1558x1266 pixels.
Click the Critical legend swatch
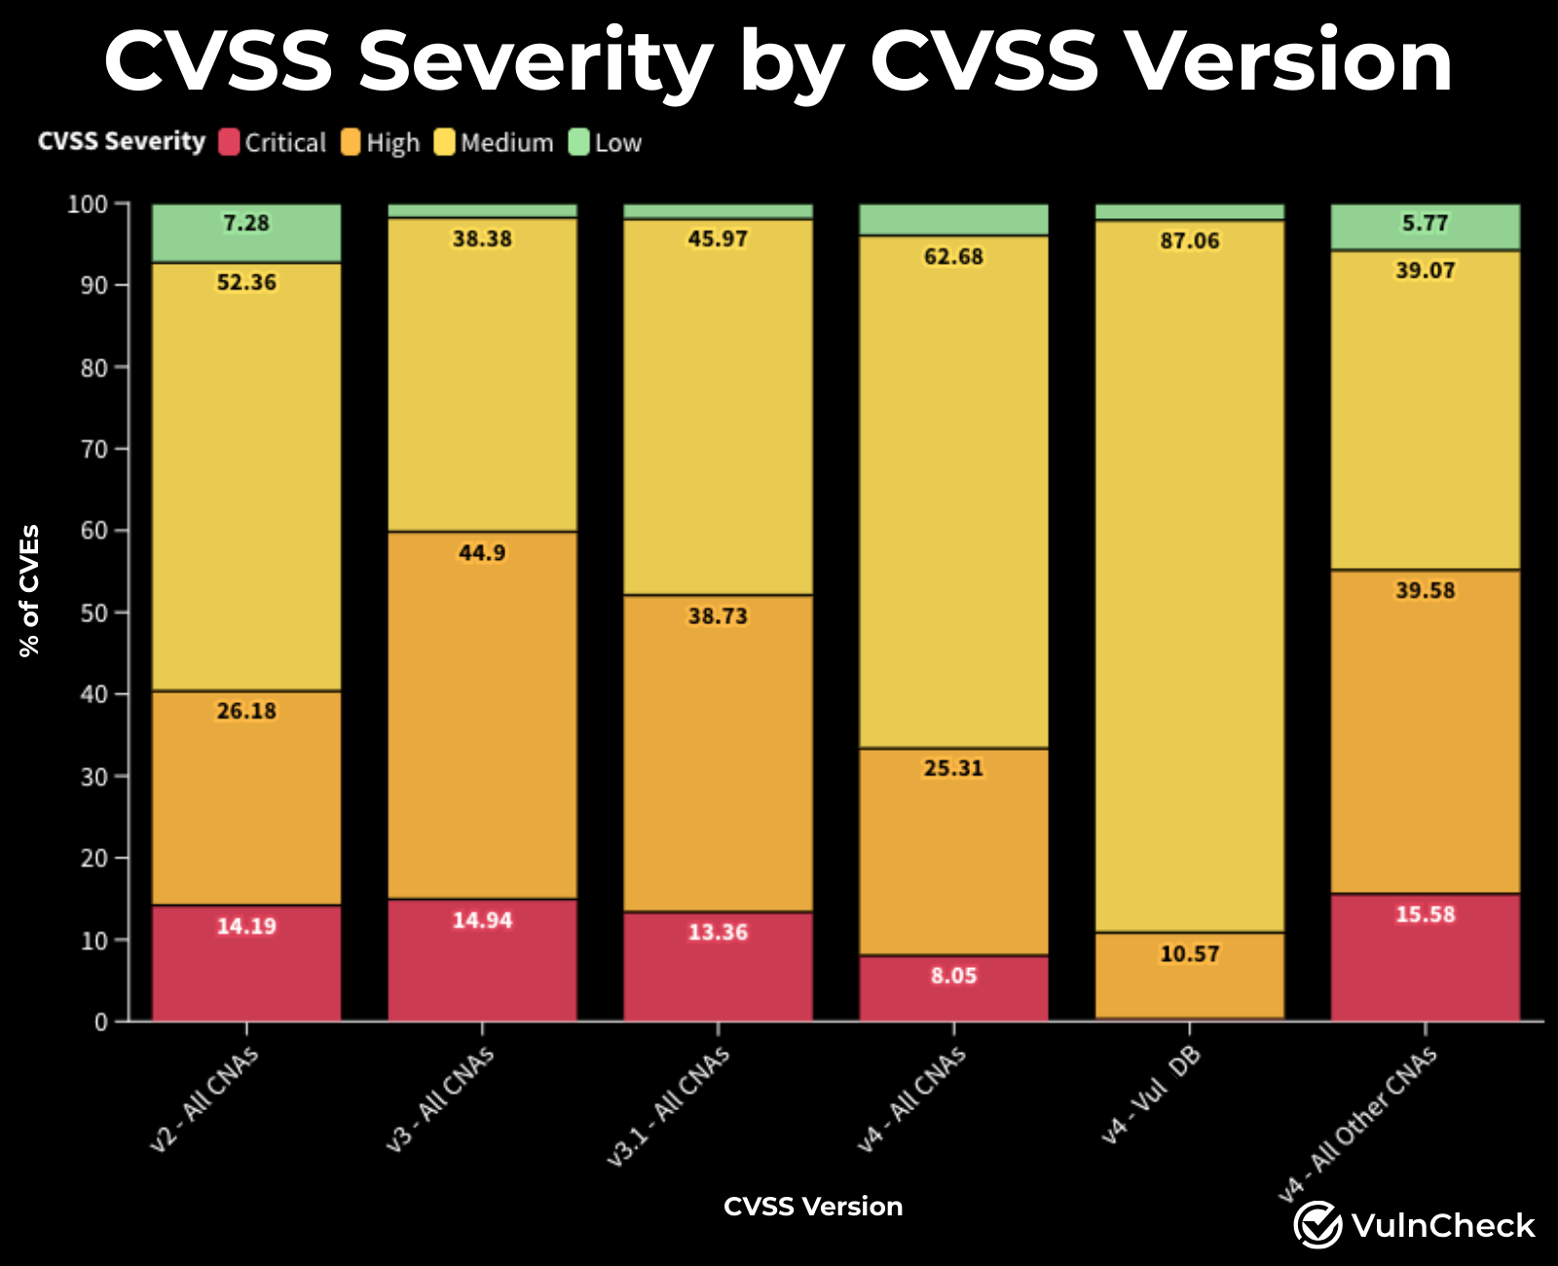tap(229, 142)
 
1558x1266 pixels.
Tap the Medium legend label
tap(506, 143)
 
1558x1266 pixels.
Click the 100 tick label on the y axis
tap(87, 204)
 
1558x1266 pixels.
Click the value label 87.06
tap(1189, 241)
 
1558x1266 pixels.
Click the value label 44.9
tap(482, 552)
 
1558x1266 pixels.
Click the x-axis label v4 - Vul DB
tap(1151, 1095)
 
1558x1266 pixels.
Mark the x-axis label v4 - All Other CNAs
tap(1357, 1124)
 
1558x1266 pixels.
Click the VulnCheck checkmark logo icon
tap(1317, 1224)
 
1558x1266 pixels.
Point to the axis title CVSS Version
tap(813, 1207)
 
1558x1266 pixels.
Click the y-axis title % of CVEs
tap(30, 591)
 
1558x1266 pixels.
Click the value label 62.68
tap(953, 256)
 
